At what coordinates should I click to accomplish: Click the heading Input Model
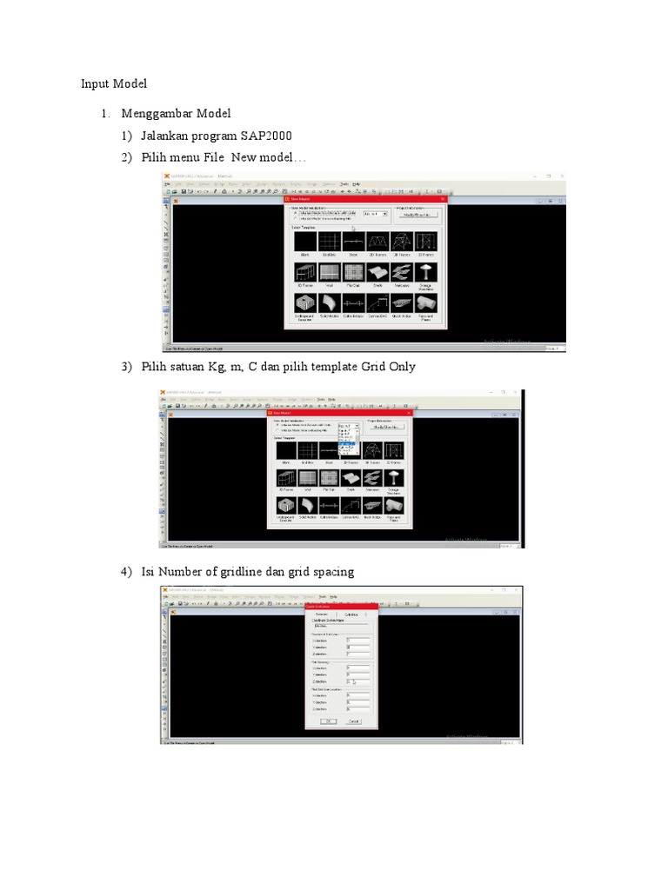point(114,83)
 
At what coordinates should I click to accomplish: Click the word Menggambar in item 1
point(157,114)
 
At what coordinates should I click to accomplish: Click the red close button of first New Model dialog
point(442,199)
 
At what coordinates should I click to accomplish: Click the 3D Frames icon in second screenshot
point(286,478)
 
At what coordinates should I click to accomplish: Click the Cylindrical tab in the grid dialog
point(353,614)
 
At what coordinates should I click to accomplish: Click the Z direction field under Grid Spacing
point(357,681)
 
